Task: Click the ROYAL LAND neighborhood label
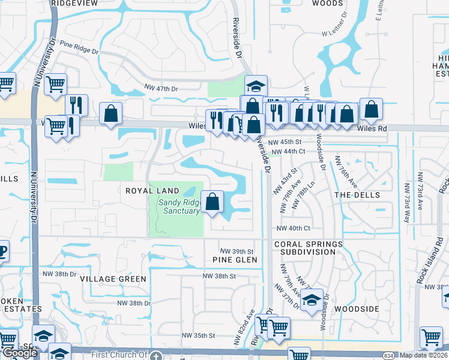tap(152, 191)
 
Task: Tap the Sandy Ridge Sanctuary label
tap(179, 206)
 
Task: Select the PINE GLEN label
tap(235, 260)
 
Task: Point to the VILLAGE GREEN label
tap(113, 279)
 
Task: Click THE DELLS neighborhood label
tap(357, 196)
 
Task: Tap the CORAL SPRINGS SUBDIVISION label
tap(308, 248)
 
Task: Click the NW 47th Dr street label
tap(162, 89)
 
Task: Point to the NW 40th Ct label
tap(293, 228)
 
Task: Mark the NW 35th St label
tap(197, 337)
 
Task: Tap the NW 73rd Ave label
tap(405, 205)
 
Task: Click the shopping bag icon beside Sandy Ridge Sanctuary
tap(212, 201)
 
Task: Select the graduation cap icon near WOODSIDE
tap(312, 299)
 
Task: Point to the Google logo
tap(20, 353)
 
